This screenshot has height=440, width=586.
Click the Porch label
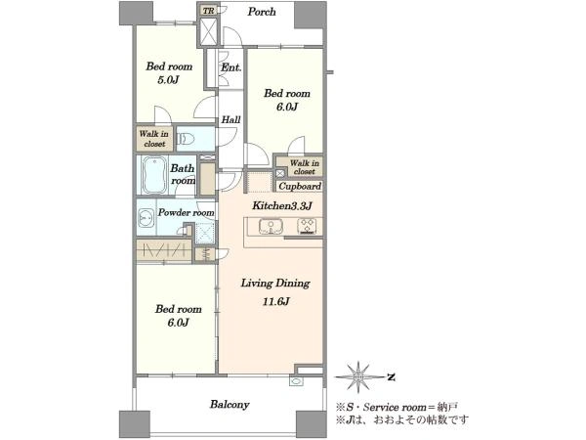coord(262,12)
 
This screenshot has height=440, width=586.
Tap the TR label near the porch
coord(209,11)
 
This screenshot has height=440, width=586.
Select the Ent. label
coord(230,67)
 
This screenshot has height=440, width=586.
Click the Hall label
coord(230,120)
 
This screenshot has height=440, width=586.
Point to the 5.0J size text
coord(169,80)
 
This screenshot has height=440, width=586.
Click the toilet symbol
coord(186,139)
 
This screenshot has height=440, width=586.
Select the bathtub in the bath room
coord(154,175)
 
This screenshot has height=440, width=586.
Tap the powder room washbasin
coord(146,218)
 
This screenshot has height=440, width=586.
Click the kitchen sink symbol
coord(271,227)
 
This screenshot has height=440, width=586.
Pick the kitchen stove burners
coord(307,227)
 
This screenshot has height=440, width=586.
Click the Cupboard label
coord(300,186)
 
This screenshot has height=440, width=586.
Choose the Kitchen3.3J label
coord(282,205)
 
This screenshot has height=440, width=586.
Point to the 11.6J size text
coord(275,301)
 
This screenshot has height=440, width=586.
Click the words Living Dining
coord(275,284)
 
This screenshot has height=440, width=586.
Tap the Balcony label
coord(230,405)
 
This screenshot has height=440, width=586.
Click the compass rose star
coord(358,376)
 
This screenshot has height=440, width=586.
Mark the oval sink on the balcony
coord(296,382)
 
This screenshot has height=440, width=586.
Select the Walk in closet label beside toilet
coord(154,139)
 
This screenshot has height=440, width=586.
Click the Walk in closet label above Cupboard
coord(304,167)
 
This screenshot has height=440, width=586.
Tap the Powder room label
coord(186,212)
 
